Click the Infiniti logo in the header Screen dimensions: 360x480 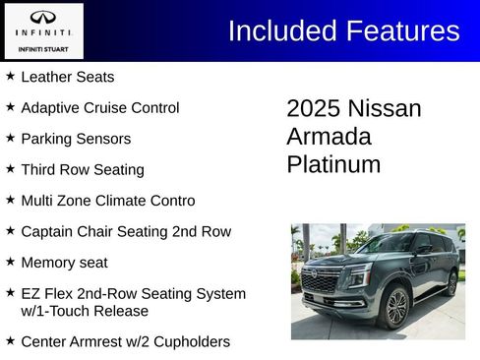click(42, 18)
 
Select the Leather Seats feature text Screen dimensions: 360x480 click(67, 77)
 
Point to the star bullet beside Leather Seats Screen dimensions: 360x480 click(10, 76)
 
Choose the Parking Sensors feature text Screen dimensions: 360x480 click(75, 139)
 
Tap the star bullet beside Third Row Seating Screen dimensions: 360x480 click(10, 168)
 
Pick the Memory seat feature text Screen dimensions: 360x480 click(64, 263)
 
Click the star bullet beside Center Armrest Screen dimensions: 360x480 click(10, 340)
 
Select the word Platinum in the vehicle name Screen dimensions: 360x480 click(333, 164)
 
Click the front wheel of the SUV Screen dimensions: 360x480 click(396, 308)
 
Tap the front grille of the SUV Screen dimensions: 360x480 click(321, 282)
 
